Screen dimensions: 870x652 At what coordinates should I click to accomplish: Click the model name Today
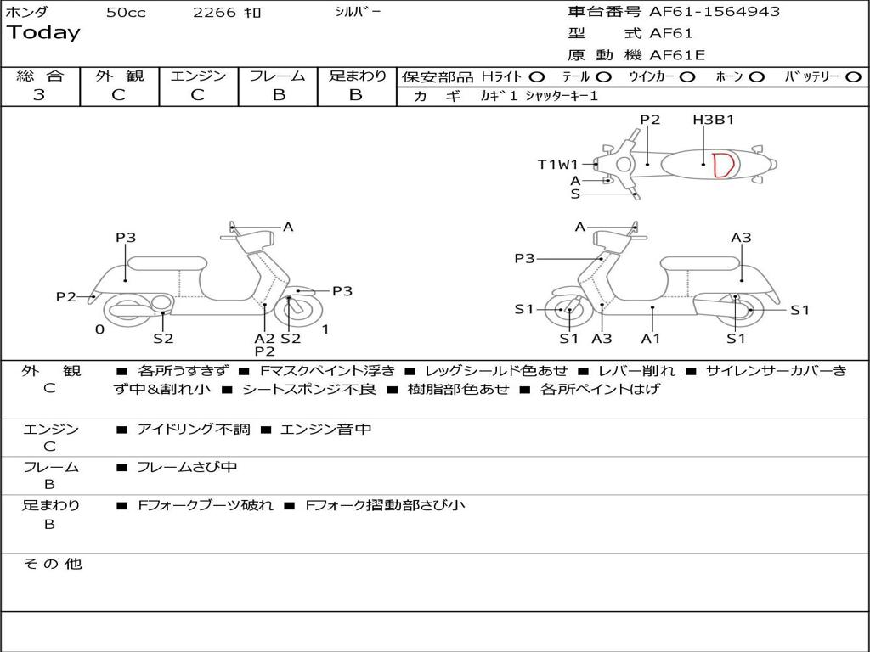(x=43, y=33)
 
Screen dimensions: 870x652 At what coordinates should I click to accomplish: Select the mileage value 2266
(x=214, y=13)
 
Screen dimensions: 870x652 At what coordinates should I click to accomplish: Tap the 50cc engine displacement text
(x=126, y=13)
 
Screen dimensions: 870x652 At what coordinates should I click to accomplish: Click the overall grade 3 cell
(x=39, y=95)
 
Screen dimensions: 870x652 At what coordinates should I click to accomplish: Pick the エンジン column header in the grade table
(x=198, y=76)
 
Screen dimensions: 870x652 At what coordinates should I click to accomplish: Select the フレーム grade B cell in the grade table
(x=279, y=95)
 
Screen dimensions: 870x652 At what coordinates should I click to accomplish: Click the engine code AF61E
(x=677, y=55)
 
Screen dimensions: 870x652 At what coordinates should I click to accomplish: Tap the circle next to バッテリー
(x=853, y=76)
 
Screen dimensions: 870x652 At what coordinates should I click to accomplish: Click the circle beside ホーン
(x=757, y=76)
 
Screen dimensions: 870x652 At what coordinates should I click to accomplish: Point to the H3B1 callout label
(x=713, y=120)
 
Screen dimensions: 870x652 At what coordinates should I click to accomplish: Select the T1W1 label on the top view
(x=557, y=165)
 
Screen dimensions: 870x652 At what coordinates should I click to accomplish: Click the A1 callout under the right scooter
(x=651, y=339)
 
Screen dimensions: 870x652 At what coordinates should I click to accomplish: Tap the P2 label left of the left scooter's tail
(x=66, y=296)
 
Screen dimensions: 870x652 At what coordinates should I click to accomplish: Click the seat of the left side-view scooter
(x=167, y=263)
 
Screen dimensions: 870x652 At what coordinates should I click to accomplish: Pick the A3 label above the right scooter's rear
(x=741, y=238)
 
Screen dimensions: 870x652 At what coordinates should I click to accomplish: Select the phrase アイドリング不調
(x=194, y=430)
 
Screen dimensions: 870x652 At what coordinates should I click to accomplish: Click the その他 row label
(x=52, y=564)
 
